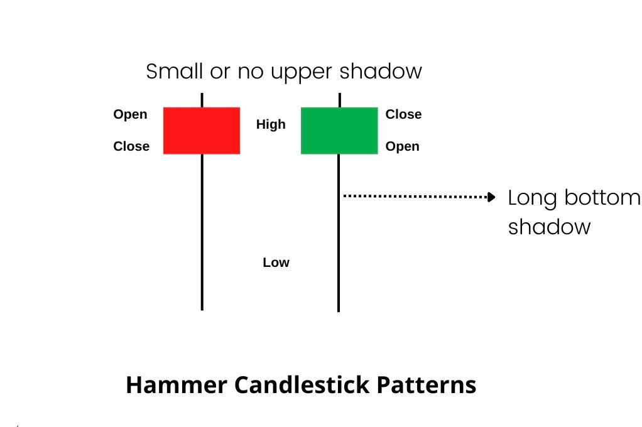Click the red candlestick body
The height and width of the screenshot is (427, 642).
click(202, 130)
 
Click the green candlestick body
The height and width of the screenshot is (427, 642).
click(339, 130)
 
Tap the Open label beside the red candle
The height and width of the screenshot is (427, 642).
click(130, 114)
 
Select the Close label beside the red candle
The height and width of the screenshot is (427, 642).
click(131, 146)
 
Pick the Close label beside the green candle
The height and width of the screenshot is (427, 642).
click(403, 114)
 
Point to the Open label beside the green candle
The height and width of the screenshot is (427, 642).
click(402, 146)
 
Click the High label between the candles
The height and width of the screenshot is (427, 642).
click(271, 124)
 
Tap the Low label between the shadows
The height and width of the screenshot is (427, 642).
click(276, 262)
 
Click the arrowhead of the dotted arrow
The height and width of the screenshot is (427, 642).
click(492, 197)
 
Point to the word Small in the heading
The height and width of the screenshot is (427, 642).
click(170, 71)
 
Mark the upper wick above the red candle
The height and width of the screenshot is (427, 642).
click(202, 99)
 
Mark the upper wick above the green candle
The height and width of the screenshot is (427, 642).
click(339, 99)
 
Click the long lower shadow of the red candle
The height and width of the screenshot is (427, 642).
click(202, 232)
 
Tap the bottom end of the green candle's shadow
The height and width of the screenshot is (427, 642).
click(339, 310)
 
